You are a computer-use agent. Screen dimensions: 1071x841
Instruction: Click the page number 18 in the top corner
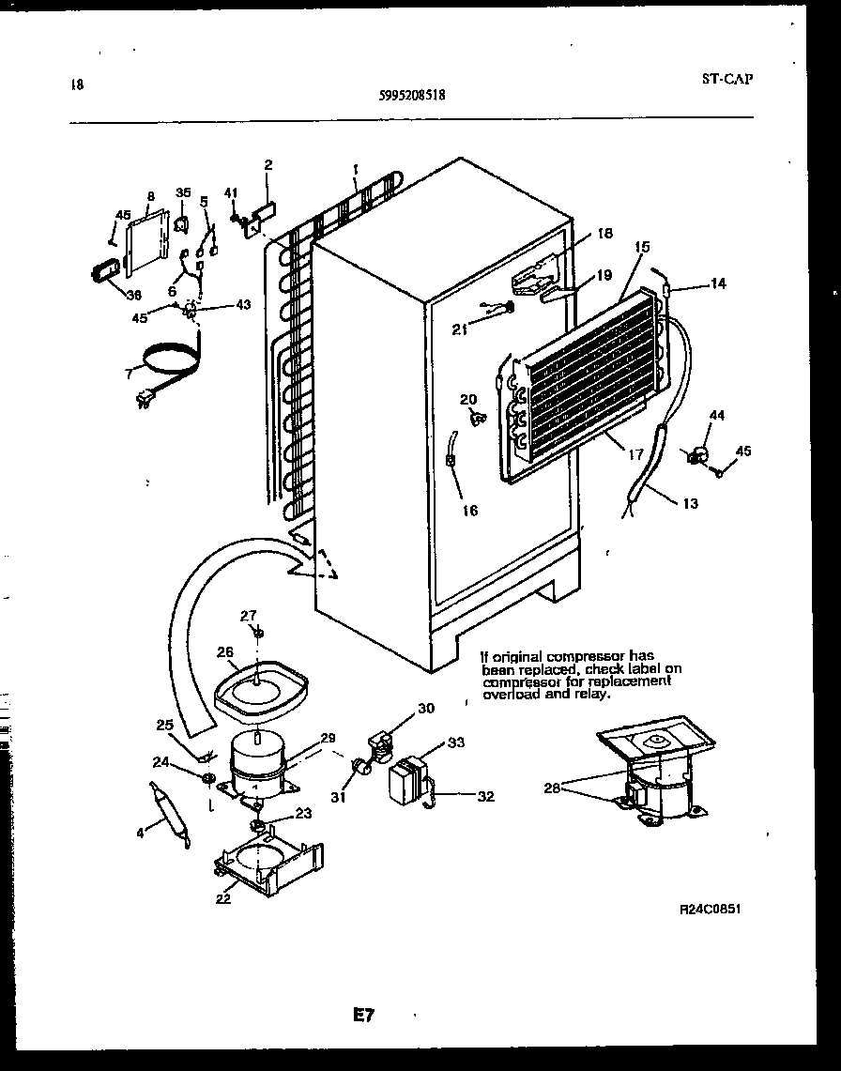tap(76, 84)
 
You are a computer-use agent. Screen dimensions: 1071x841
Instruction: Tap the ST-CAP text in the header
tap(726, 79)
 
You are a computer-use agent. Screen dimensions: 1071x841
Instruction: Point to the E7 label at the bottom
tap(364, 1015)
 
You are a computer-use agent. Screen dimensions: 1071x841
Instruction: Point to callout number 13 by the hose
tap(690, 504)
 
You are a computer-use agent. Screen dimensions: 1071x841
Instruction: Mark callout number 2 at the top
tap(268, 165)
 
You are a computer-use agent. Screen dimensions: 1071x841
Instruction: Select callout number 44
tap(718, 415)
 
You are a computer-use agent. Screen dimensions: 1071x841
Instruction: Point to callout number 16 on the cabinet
tap(469, 511)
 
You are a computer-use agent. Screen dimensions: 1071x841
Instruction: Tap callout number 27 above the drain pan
tap(248, 616)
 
